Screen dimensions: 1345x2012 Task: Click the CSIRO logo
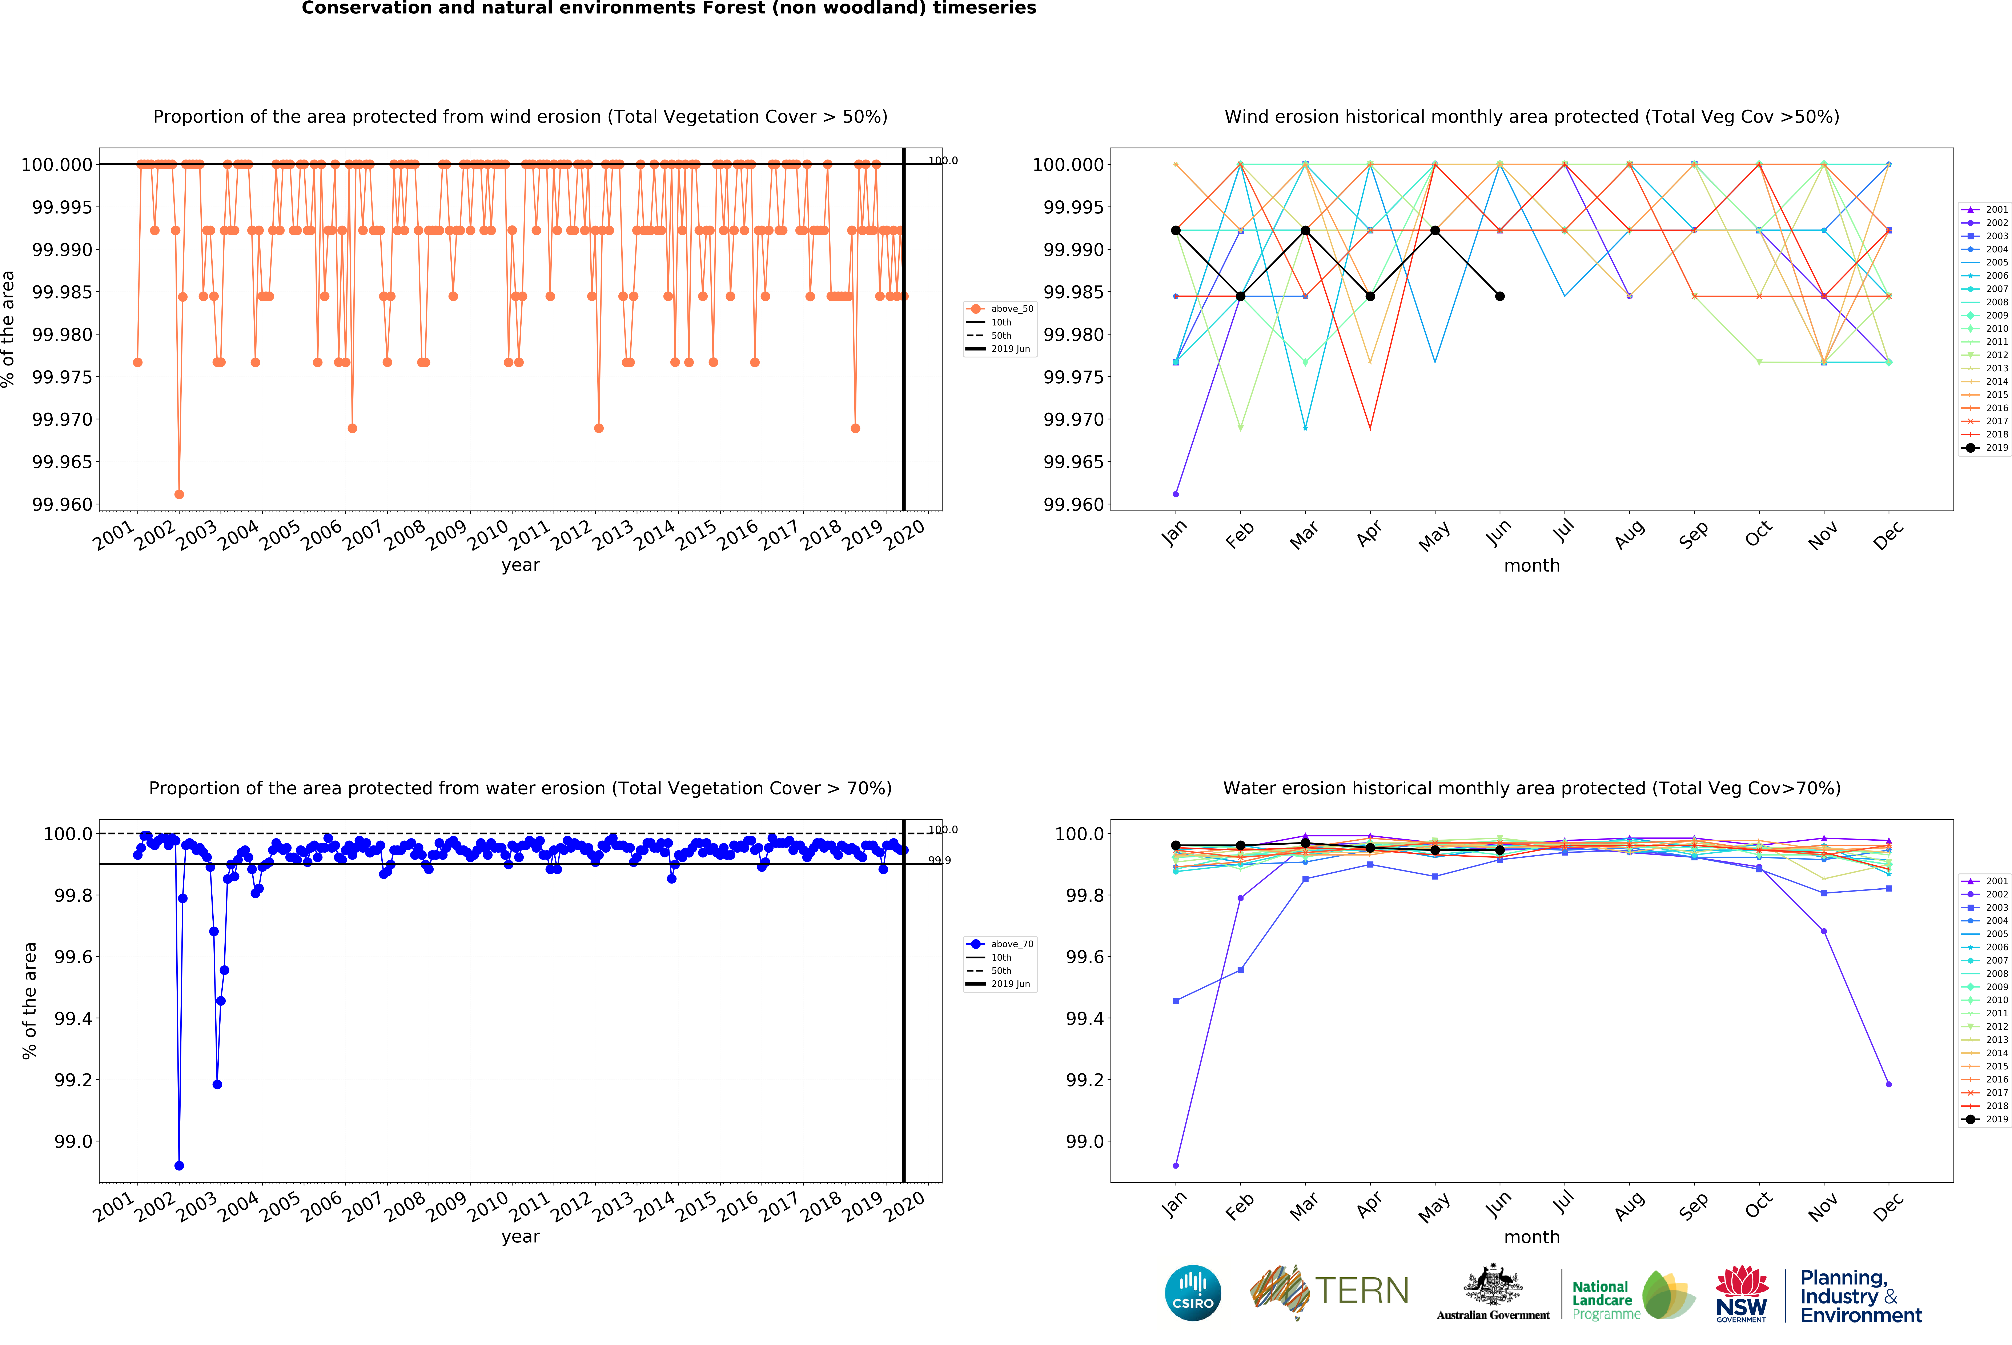pyautogui.click(x=1193, y=1293)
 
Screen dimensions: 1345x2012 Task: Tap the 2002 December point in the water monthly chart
pyautogui.click(x=1888, y=1084)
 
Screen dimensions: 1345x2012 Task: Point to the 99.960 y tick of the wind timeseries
pyautogui.click(x=62, y=504)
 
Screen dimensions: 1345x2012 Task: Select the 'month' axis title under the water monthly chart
pyautogui.click(x=1532, y=1237)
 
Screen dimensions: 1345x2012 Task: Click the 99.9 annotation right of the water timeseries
pyautogui.click(x=939, y=860)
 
